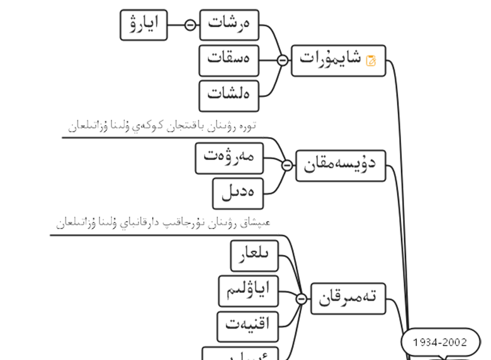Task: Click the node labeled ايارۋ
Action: [x=144, y=25]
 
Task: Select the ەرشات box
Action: [x=229, y=25]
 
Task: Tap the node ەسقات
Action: [x=229, y=60]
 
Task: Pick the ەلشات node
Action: [x=229, y=95]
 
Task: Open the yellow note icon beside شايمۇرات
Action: [x=371, y=60]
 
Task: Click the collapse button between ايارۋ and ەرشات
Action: [x=190, y=25]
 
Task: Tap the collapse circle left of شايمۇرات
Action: [x=283, y=60]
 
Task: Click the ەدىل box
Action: [x=238, y=193]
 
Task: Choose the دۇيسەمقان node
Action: [x=340, y=166]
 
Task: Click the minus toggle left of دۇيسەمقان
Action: [x=287, y=166]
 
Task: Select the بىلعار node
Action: [x=254, y=255]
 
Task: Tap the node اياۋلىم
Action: [x=247, y=290]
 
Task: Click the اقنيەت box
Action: [x=247, y=325]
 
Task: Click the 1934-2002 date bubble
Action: [x=440, y=342]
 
